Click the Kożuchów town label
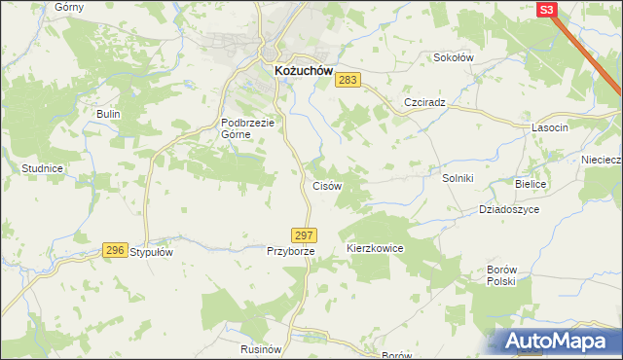tap(297, 71)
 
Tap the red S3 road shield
tap(547, 9)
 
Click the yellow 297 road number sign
tap(304, 235)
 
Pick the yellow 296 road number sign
tap(115, 250)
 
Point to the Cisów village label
tap(326, 185)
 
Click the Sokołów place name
tap(453, 57)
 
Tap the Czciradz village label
tap(423, 102)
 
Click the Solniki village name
tap(458, 178)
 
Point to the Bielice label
tap(531, 184)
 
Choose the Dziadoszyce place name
tap(508, 209)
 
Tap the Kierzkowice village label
tap(375, 249)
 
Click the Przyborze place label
tap(290, 251)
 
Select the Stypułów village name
tap(151, 252)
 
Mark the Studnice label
tap(42, 168)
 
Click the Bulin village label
tap(107, 114)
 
